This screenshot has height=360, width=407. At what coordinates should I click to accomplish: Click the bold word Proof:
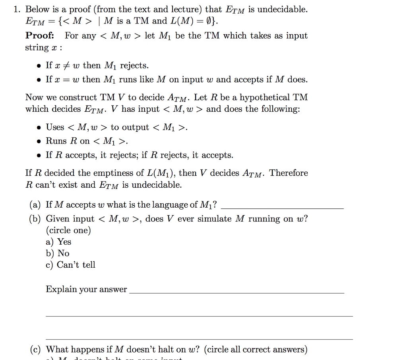point(40,35)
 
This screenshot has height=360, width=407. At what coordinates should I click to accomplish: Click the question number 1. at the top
point(17,10)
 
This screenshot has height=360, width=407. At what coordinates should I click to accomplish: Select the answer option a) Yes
point(58,241)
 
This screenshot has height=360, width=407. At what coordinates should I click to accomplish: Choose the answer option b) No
point(58,253)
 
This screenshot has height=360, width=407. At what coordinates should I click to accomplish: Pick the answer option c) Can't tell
point(70,265)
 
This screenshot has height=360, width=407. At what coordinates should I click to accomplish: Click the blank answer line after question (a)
point(282,208)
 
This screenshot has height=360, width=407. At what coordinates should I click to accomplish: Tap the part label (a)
point(35,205)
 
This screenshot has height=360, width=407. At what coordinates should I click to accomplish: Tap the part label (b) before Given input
point(35,219)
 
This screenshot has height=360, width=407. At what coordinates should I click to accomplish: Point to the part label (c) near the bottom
point(35,350)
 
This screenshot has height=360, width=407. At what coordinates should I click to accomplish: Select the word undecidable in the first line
point(282,10)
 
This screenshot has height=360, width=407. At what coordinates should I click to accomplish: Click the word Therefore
point(289,173)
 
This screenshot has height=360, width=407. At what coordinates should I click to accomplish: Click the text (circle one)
point(68,230)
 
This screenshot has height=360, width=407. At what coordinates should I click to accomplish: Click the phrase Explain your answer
point(86,289)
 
